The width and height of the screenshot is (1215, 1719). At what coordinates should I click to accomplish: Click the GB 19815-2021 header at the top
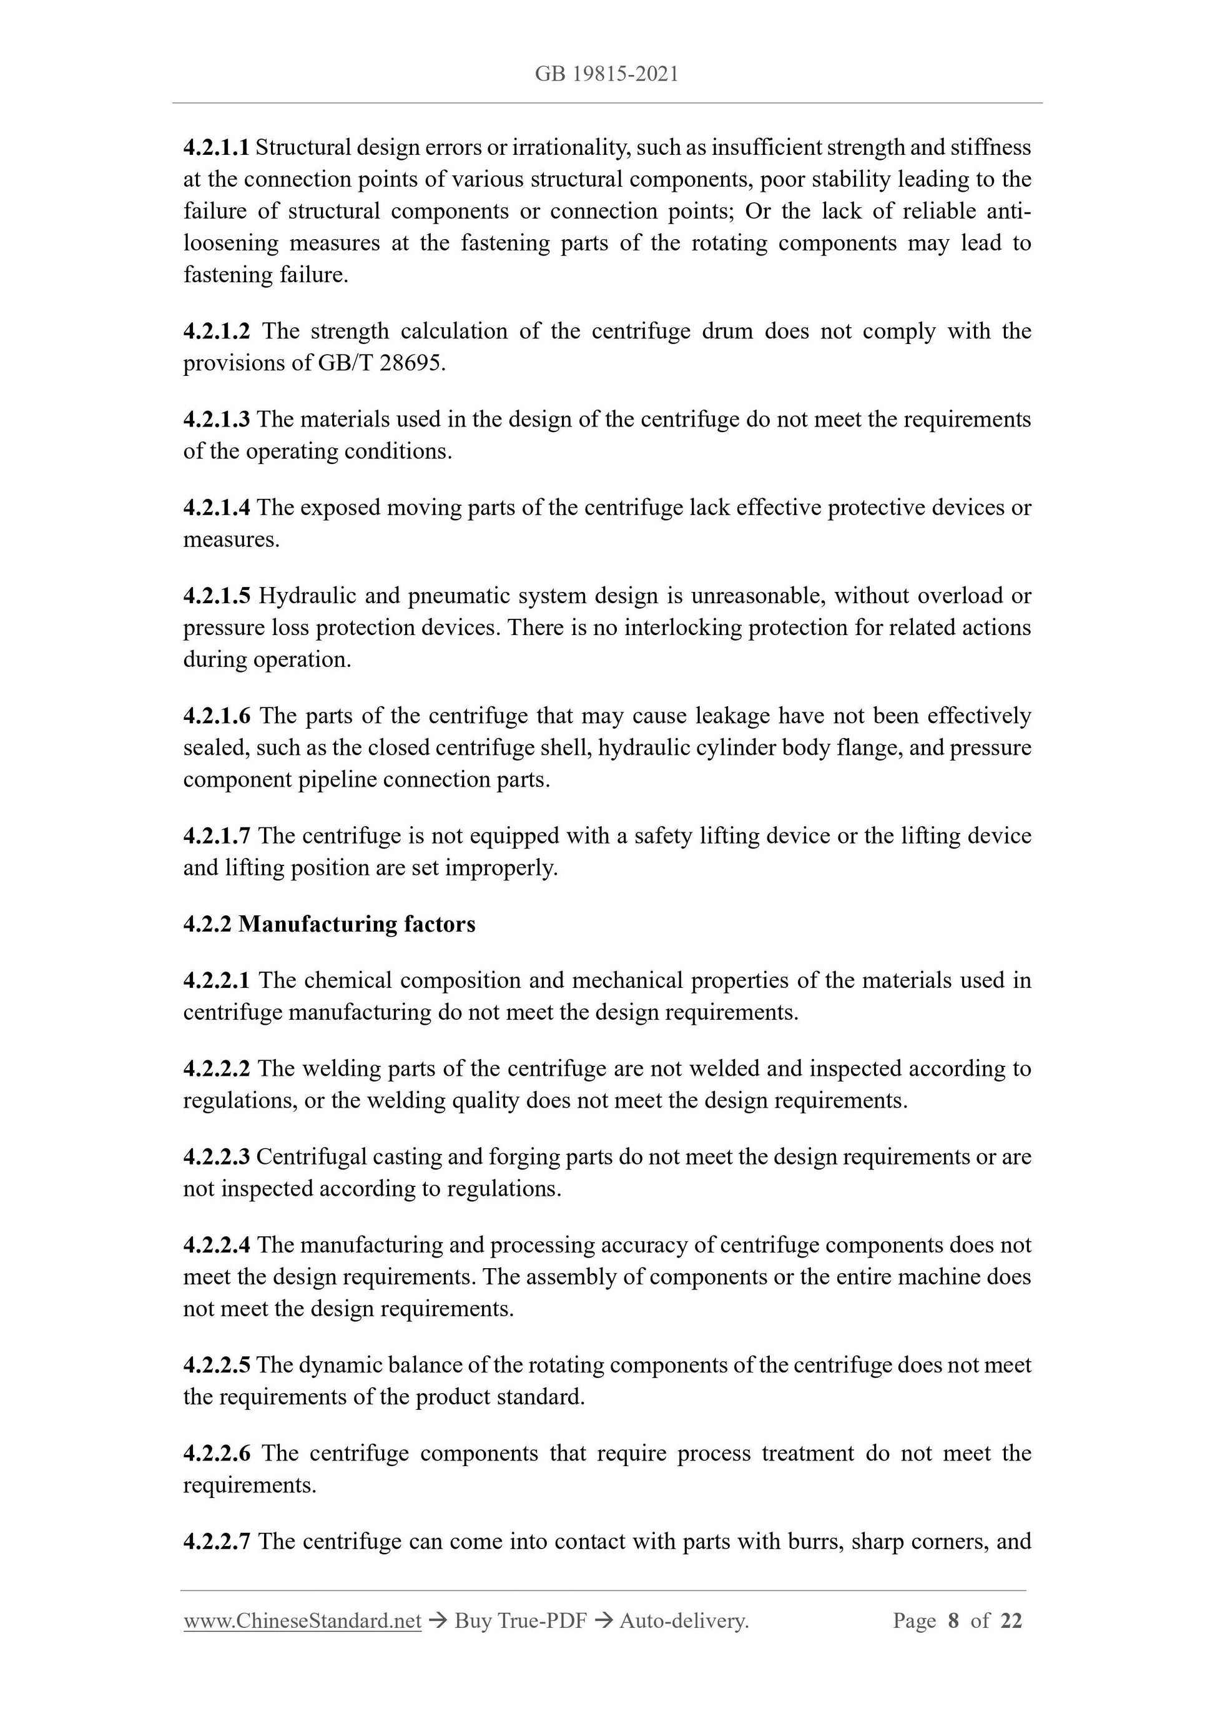606,74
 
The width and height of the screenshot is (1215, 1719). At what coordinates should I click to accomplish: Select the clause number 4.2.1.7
217,835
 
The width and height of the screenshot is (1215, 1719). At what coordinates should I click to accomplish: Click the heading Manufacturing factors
357,925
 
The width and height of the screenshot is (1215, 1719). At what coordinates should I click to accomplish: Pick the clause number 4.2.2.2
217,1068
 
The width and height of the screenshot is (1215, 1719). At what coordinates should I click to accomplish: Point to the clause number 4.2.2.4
217,1245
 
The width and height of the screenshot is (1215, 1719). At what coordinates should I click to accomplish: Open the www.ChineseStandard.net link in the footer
302,1622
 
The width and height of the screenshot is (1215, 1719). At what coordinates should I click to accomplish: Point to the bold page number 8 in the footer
953,1622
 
